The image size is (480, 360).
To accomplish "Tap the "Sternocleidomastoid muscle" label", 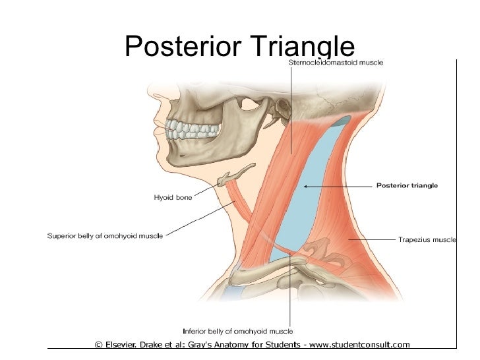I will (336, 62).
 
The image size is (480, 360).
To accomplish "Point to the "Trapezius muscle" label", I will (427, 239).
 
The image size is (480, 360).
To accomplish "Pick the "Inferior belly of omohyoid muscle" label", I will (237, 331).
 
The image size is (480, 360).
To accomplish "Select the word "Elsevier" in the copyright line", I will (128, 344).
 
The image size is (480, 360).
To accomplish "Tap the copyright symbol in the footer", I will (99, 344).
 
